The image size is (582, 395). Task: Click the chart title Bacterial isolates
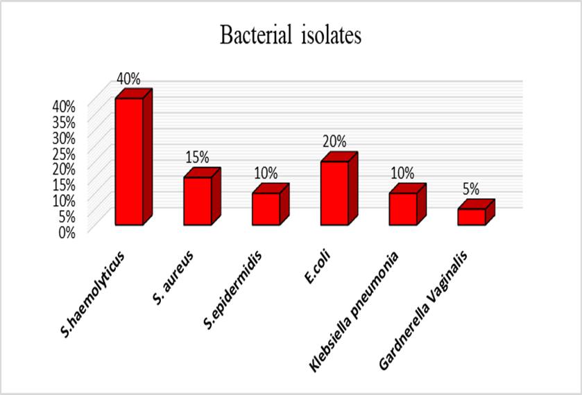(x=291, y=36)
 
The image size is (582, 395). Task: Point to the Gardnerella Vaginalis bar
(x=471, y=216)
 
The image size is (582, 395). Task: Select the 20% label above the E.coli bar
(x=334, y=141)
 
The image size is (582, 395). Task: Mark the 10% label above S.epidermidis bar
(x=266, y=173)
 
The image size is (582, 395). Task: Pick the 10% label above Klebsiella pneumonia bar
(x=402, y=173)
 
